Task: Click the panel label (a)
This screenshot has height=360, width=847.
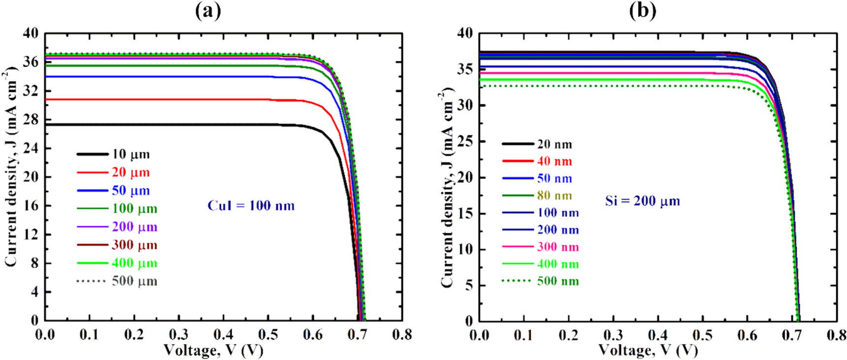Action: pyautogui.click(x=208, y=10)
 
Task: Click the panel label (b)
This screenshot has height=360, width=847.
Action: pyautogui.click(x=642, y=10)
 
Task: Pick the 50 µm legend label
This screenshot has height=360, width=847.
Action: pyautogui.click(x=130, y=191)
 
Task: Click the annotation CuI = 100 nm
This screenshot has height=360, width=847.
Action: pyautogui.click(x=251, y=205)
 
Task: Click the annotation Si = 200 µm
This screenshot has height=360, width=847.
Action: pyautogui.click(x=642, y=201)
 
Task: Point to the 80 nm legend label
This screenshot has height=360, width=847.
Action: pyautogui.click(x=554, y=196)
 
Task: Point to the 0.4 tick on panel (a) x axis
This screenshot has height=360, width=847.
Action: pyautogui.click(x=224, y=335)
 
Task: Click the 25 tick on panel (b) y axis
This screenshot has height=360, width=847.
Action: pyautogui.click(x=465, y=141)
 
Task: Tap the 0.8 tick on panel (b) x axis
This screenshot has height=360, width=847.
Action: pyautogui.click(x=836, y=335)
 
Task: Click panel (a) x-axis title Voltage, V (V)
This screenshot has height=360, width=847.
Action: pyautogui.click(x=213, y=350)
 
